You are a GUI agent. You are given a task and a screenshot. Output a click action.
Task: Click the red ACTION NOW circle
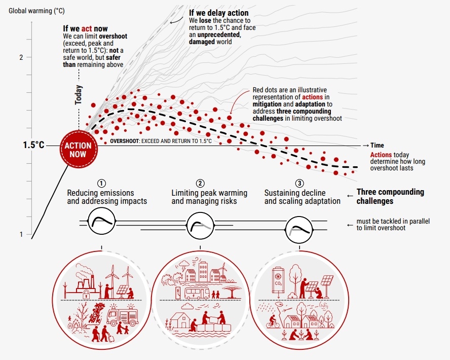(x=79, y=149)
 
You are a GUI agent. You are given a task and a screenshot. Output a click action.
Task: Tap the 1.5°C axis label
(x=33, y=145)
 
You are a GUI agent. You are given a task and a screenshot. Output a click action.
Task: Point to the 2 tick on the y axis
(x=21, y=57)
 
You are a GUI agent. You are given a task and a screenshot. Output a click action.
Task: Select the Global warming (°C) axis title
(x=36, y=11)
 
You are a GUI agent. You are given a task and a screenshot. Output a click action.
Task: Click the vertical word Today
(x=79, y=95)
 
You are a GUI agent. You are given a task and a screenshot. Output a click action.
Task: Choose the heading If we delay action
(x=219, y=13)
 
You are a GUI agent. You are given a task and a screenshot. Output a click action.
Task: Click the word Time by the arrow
(x=377, y=145)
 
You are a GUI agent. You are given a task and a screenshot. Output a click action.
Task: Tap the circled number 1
(x=101, y=183)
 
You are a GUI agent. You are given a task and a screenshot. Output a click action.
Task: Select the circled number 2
(x=200, y=183)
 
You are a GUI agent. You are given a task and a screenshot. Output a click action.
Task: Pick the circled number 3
(x=299, y=183)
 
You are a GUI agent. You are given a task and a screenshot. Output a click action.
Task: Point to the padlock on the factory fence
(x=86, y=294)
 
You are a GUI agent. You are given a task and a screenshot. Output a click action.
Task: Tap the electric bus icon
(x=197, y=293)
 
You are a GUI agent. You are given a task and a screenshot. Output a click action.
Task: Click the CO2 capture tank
(x=278, y=281)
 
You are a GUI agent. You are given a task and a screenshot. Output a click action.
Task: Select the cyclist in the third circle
(x=272, y=321)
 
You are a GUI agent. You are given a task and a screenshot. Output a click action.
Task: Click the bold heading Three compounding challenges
(x=390, y=196)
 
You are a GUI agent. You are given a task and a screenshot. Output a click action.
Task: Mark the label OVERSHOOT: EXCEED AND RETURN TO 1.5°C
(x=161, y=141)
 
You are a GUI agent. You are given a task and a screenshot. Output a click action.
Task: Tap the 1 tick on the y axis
(x=21, y=235)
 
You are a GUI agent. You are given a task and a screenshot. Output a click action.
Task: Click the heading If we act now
(x=85, y=29)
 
